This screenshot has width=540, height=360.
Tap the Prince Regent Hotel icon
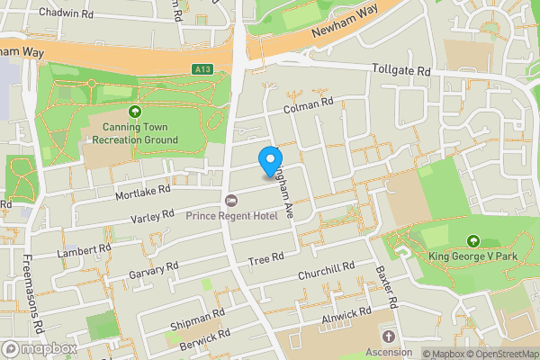tap(231, 200)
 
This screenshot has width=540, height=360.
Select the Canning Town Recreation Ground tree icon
tap(135, 112)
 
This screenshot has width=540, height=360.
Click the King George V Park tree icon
tap(474, 241)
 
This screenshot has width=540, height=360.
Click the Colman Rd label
tap(309, 107)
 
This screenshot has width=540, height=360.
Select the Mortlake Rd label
tap(142, 193)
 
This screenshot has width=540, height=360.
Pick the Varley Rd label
tap(151, 219)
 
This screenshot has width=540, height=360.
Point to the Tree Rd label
tap(265, 259)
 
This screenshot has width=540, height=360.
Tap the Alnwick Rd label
tap(346, 316)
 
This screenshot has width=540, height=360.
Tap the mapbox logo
tap(39, 348)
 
